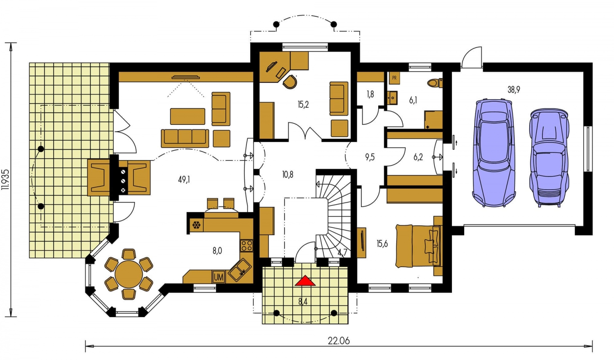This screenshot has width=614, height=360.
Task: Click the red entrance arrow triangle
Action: (305, 281)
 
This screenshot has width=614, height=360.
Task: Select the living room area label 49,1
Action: (184, 179)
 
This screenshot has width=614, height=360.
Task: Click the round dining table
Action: (129, 274)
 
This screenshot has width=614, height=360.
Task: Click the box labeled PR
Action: (395, 78)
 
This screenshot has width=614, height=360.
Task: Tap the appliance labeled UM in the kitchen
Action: (219, 277)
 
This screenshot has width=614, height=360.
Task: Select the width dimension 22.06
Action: (339, 341)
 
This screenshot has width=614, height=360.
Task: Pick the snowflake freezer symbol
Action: (196, 225)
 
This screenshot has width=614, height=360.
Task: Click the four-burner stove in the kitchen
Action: (246, 246)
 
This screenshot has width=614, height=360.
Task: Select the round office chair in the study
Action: (290, 82)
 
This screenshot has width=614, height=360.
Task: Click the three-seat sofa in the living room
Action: (185, 138)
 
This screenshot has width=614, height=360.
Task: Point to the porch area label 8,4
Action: (303, 301)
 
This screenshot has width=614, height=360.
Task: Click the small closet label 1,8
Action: (370, 94)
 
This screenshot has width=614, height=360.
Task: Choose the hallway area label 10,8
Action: (287, 174)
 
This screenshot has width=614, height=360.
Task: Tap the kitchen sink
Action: (240, 270)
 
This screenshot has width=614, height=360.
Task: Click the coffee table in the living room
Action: (187, 117)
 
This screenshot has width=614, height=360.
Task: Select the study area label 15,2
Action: (303, 104)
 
